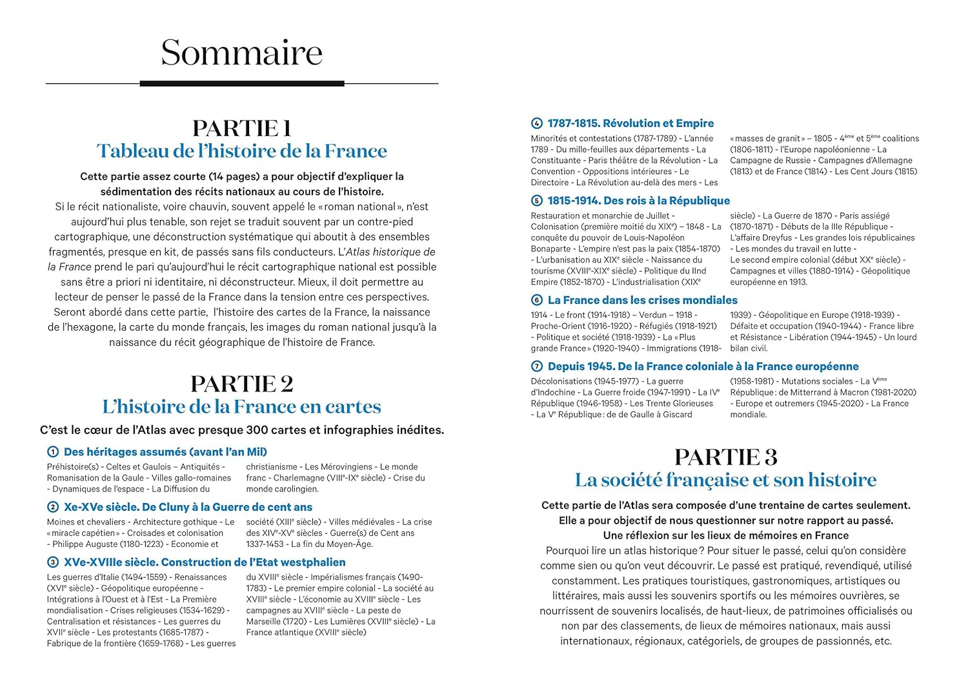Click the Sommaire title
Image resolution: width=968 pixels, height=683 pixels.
click(241, 53)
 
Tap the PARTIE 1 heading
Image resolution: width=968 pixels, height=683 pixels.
click(241, 128)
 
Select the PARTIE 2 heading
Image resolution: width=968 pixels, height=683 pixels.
click(241, 384)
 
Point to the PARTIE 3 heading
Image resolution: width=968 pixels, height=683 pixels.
click(725, 457)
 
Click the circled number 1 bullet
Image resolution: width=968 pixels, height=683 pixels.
click(53, 452)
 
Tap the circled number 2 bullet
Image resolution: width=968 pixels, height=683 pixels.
click(53, 508)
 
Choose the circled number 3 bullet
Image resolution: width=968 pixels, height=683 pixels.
click(53, 562)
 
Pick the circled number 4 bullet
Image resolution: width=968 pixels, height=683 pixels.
click(536, 123)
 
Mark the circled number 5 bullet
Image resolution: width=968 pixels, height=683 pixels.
click(536, 201)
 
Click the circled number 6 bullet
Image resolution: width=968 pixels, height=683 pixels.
click(536, 300)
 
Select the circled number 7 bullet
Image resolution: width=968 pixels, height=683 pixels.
click(536, 366)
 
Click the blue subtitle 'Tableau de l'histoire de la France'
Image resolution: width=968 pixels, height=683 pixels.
click(241, 151)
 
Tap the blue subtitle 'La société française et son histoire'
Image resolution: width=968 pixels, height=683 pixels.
click(725, 480)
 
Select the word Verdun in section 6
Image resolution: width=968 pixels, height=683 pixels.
click(652, 315)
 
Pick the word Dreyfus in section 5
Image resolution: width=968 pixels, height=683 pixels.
click(777, 238)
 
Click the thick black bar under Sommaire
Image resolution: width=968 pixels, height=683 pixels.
click(242, 83)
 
